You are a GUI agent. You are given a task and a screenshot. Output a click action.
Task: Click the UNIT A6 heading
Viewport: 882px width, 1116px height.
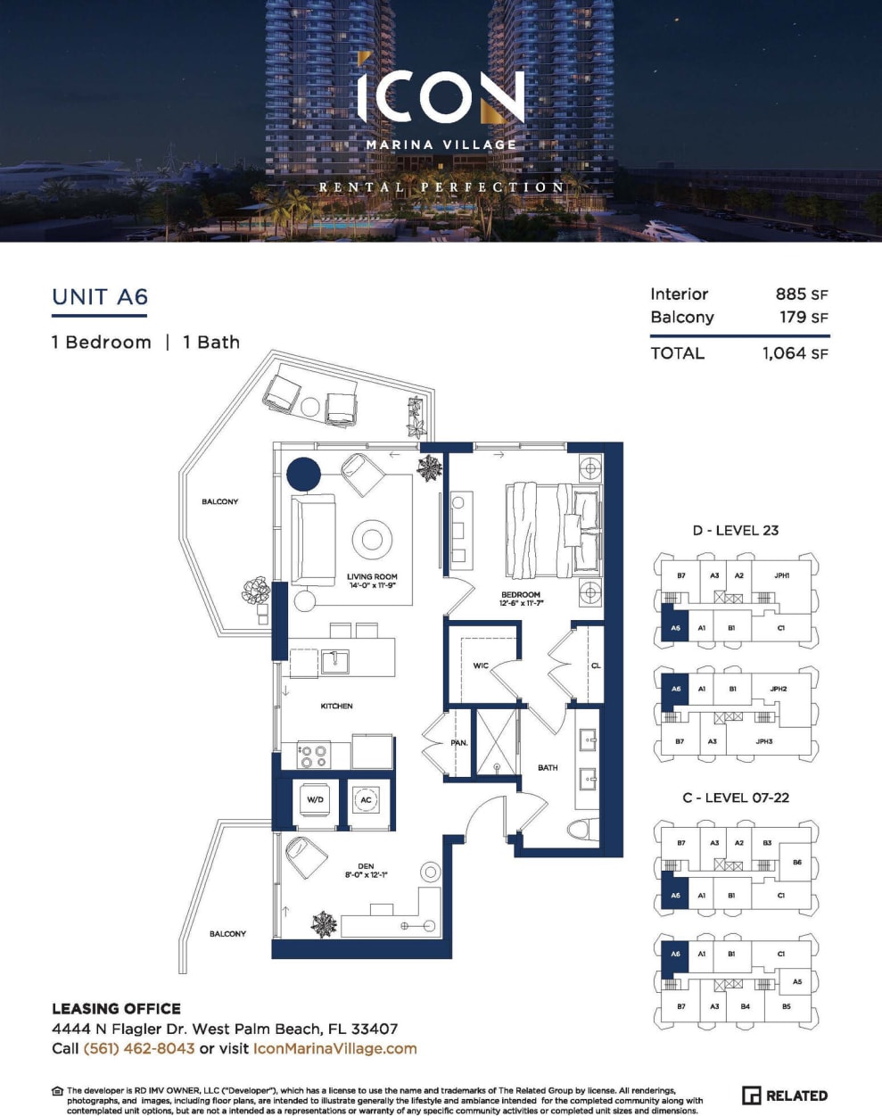(x=100, y=297)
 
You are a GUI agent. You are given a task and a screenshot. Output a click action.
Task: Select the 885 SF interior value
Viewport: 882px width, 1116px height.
(x=801, y=294)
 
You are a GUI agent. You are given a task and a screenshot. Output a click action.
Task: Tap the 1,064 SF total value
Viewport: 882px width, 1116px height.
(x=795, y=353)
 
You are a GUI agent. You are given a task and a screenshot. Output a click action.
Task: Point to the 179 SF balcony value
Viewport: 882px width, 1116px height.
(x=804, y=318)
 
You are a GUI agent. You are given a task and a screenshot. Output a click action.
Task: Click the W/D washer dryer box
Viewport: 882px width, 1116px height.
(x=315, y=800)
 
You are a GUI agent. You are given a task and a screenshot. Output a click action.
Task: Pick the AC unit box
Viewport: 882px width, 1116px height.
(x=366, y=800)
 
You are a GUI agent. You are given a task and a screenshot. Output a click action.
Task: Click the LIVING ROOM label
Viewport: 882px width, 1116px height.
(x=372, y=577)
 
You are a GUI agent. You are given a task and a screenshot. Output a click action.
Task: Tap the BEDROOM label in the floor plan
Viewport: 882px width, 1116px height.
(x=521, y=595)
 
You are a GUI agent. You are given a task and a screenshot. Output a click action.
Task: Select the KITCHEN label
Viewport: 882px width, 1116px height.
(x=336, y=706)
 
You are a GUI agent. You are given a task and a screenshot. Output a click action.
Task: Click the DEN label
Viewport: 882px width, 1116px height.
(x=366, y=866)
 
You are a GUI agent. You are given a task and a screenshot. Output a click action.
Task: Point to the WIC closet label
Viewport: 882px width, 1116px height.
(x=481, y=665)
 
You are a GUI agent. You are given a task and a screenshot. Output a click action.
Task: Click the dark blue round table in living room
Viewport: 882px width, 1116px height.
(x=303, y=474)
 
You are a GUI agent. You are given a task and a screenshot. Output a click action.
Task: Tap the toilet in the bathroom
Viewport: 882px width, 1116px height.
(x=581, y=829)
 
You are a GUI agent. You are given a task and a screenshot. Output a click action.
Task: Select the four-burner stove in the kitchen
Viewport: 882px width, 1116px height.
(x=313, y=756)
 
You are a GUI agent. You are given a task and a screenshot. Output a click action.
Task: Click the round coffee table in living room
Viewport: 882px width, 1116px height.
(x=372, y=539)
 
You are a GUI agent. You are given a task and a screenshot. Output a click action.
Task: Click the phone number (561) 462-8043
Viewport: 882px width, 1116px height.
(x=139, y=1049)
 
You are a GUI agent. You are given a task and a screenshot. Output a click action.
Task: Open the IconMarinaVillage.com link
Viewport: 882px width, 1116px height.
(x=334, y=1049)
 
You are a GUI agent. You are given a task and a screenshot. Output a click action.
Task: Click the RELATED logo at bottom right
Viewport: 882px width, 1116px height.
(x=785, y=1095)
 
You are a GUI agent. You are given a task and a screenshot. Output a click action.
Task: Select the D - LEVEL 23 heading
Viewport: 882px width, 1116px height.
(x=736, y=530)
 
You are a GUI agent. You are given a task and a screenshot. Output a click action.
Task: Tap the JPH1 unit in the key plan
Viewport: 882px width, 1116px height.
(x=781, y=576)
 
